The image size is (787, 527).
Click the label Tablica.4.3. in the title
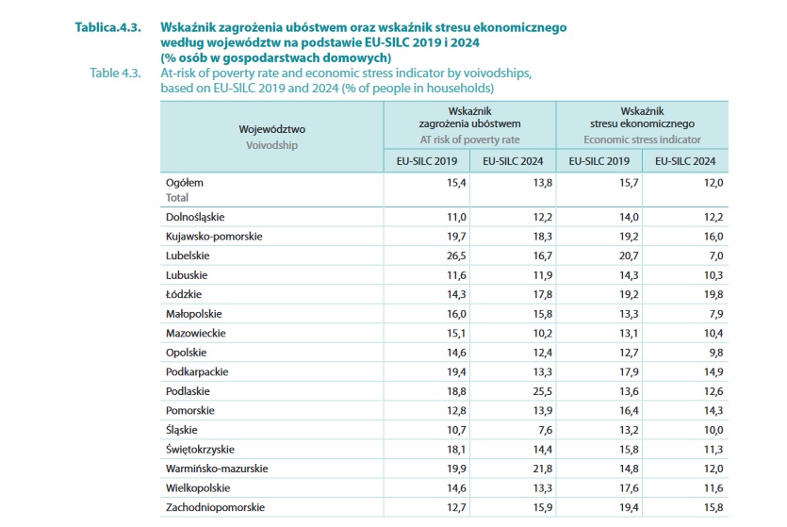click(x=108, y=28)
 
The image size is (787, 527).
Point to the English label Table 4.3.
click(x=115, y=73)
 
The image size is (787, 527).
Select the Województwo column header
click(x=272, y=129)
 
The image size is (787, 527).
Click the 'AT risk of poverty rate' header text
click(x=469, y=140)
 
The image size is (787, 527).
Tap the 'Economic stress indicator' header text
click(x=643, y=140)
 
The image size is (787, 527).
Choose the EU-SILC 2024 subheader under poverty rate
click(x=513, y=161)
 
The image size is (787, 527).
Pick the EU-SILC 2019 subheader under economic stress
click(x=599, y=161)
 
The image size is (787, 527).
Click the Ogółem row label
click(x=185, y=182)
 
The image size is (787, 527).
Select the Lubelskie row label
click(x=188, y=255)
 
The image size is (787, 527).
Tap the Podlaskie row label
click(x=189, y=391)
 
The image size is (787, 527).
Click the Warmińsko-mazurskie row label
click(x=216, y=469)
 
